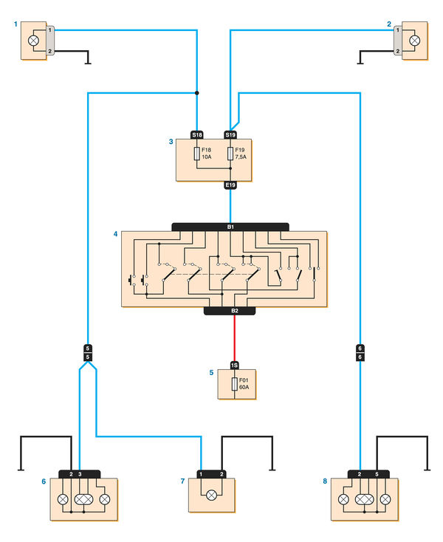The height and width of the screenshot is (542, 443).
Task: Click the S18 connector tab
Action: coord(197,135)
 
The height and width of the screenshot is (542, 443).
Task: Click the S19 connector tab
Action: coord(230,135)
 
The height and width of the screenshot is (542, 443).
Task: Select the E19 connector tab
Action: coord(230,185)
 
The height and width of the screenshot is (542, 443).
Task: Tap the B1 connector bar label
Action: coord(230,227)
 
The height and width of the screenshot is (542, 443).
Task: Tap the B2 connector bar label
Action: coord(235,311)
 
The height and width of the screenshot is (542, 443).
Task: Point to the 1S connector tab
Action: coord(235,365)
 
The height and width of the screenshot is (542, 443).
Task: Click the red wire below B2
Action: coord(235,338)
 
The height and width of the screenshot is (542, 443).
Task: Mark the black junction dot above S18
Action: coord(197,93)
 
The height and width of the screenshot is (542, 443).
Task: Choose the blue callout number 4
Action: coord(115,234)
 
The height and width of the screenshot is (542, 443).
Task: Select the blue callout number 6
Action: coord(43,481)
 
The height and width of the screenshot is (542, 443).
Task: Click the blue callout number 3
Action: coord(171,140)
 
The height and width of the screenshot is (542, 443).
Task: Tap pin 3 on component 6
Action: coord(80,473)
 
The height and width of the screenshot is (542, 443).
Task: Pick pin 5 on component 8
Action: coord(377,473)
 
